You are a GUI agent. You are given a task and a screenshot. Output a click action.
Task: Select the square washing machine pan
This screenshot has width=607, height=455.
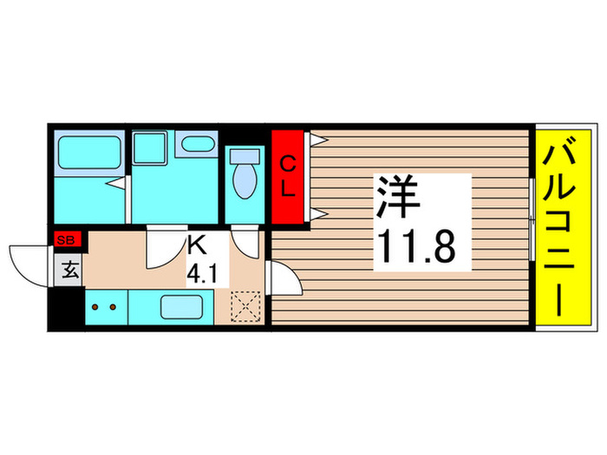[x=152, y=147]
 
